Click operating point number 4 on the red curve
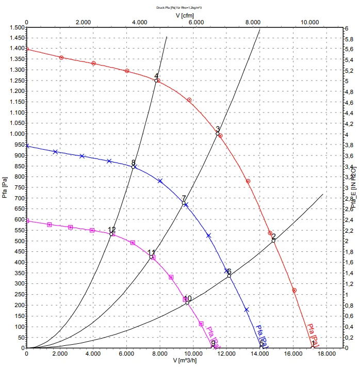point(156,81)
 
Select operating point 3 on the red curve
point(218,133)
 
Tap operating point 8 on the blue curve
point(134,167)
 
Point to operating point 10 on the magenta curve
point(187,302)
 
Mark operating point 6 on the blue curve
point(229,276)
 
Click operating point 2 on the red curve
point(273,241)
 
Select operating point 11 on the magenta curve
point(151,257)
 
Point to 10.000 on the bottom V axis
point(194,354)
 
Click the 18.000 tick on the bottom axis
point(326,354)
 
